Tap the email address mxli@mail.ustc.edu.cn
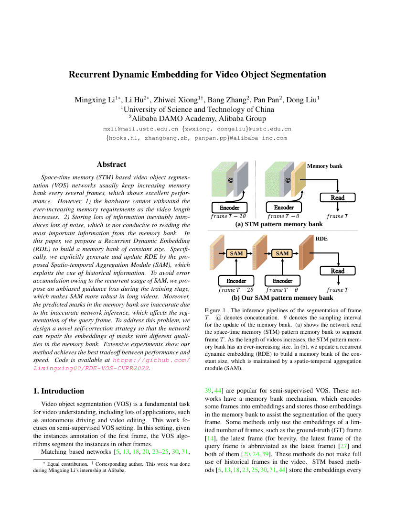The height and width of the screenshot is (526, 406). [141, 129]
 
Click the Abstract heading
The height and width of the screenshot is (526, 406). [111, 164]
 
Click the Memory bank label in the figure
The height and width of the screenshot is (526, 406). [324, 166]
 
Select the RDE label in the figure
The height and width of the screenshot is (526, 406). [321, 237]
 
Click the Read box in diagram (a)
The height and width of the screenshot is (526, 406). [338, 197]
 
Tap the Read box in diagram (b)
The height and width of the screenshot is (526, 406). [338, 271]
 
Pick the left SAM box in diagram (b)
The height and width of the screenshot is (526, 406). [236, 253]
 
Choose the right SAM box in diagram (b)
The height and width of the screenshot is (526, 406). [282, 253]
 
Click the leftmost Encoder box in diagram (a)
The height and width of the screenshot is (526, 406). [229, 208]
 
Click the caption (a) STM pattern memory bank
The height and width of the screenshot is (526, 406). [278, 224]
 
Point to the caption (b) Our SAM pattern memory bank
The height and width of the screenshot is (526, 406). [278, 297]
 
